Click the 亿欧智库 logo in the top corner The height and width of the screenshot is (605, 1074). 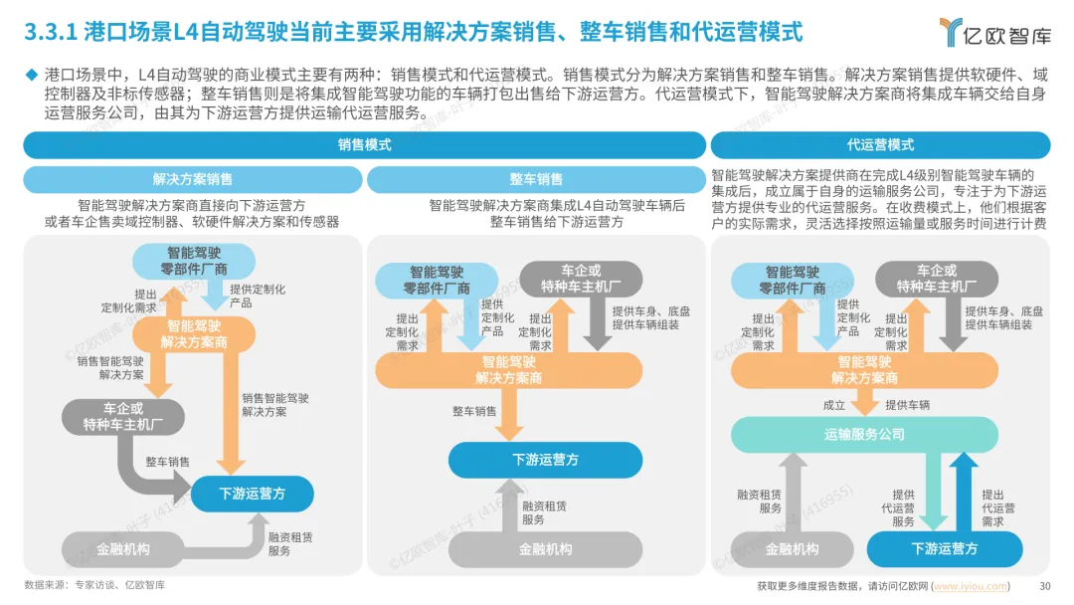coord(995,34)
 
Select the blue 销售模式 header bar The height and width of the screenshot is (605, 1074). coord(364,145)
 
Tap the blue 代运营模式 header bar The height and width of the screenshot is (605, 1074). coord(880,145)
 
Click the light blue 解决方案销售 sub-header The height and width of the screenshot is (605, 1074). coord(193,179)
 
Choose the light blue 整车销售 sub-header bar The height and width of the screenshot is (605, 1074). coord(536,179)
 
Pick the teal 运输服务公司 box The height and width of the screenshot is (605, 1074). coord(864,434)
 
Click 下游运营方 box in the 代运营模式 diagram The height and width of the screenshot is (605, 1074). coord(944,548)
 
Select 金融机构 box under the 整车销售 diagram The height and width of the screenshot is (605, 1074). coord(545,548)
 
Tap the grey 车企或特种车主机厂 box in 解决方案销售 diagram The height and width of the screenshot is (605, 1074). coord(123,416)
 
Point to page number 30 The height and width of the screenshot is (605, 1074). coord(1044,586)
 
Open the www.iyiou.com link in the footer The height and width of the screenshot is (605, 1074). coord(971,586)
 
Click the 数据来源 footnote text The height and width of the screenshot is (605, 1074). coord(94,585)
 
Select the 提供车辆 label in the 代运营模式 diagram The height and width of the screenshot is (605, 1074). coord(907,405)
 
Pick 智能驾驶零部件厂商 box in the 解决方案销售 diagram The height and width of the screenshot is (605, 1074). coord(194,261)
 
